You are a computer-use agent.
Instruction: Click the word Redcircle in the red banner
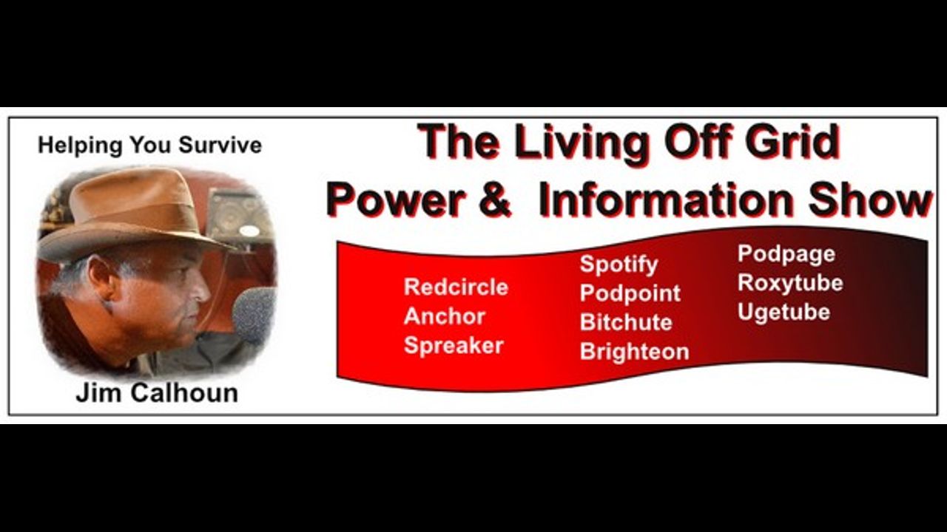456,287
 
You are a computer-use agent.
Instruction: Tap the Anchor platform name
445,316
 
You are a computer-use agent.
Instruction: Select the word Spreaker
454,346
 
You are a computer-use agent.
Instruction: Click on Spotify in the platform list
619,265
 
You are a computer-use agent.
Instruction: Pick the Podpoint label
630,293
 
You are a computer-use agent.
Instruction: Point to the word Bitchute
626,323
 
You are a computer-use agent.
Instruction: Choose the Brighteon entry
634,352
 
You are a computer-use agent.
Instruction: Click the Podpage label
786,254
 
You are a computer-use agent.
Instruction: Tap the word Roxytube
790,283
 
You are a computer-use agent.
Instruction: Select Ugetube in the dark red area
783,313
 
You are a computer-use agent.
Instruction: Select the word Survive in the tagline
220,146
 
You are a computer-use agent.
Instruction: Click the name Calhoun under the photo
184,393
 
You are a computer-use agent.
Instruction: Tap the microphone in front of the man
255,315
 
